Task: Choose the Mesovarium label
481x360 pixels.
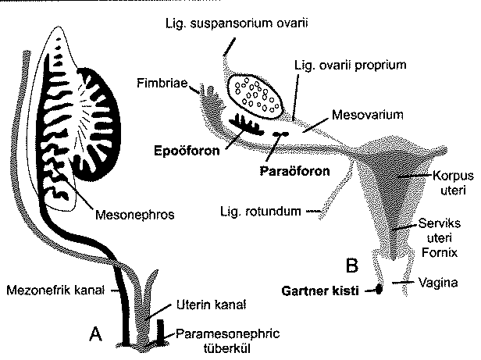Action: (367, 115)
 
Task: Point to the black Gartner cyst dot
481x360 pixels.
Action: (380, 290)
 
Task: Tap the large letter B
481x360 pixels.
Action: (352, 265)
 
